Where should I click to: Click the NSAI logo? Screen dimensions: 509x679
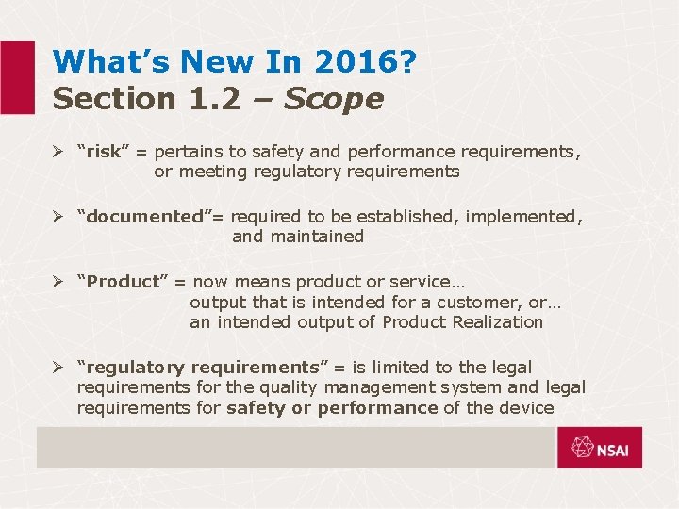(x=599, y=448)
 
